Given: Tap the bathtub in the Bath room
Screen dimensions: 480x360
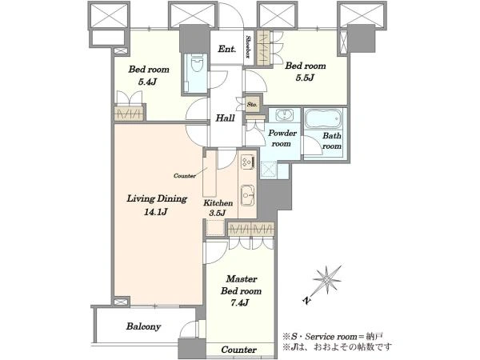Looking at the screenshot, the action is tap(323, 118).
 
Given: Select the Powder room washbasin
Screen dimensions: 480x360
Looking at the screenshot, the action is tap(284, 115).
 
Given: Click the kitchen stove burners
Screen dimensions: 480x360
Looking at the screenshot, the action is tap(248, 161).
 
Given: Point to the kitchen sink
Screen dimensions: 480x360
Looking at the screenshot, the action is tap(247, 196).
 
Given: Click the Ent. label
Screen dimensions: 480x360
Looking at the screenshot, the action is tap(227, 49).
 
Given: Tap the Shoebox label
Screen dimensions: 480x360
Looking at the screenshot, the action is tap(249, 47).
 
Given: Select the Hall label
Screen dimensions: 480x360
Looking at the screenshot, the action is tap(226, 118).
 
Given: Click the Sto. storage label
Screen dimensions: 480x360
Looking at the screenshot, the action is tap(252, 104).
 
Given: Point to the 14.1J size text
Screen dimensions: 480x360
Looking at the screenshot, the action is tap(155, 212).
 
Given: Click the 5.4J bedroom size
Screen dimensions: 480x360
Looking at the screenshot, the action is tap(148, 82).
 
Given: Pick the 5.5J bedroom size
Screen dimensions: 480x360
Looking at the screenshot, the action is tap(305, 78).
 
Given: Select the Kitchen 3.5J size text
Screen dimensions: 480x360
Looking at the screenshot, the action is tap(218, 213).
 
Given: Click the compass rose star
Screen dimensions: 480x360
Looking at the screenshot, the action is tap(327, 280).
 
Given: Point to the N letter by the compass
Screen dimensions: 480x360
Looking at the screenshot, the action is tap(306, 301).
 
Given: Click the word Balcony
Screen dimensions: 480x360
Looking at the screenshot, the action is tap(143, 326).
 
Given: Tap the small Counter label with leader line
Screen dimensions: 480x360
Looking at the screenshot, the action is tap(185, 176).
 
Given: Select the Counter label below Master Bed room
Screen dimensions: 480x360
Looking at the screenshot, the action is tap(238, 350).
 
